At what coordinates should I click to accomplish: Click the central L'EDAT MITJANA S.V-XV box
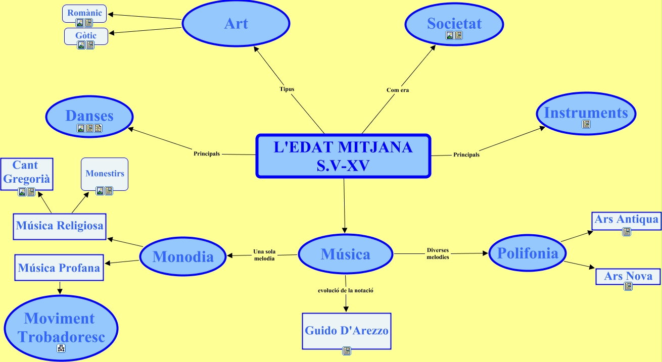click(x=343, y=156)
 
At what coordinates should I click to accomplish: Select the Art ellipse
click(x=235, y=24)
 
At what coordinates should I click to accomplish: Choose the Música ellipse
click(x=345, y=254)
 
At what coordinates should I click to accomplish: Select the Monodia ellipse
click(x=183, y=256)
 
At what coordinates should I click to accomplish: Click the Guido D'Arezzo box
click(x=347, y=331)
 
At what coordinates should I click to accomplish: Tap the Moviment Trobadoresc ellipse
click(x=60, y=327)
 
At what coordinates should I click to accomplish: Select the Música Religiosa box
click(x=60, y=226)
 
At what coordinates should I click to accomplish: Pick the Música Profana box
click(x=59, y=268)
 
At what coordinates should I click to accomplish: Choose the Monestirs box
click(x=105, y=174)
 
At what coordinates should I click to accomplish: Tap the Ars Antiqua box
click(x=626, y=220)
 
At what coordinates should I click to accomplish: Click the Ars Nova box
click(x=628, y=276)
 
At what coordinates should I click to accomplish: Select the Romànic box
click(x=84, y=13)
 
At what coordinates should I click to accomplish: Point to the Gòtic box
click(x=86, y=36)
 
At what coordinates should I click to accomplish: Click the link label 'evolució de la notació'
click(x=346, y=290)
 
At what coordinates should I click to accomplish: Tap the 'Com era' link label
click(x=397, y=90)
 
